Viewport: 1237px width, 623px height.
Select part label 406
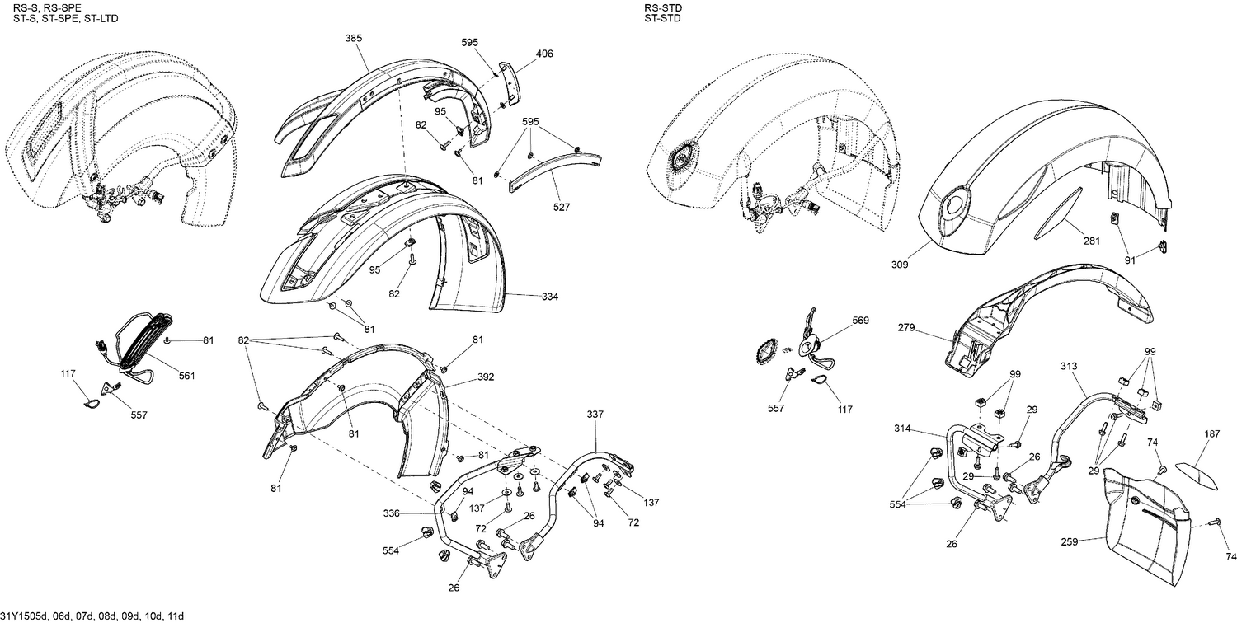(544, 54)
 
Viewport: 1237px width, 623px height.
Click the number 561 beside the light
(186, 376)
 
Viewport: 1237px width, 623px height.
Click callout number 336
(392, 513)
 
